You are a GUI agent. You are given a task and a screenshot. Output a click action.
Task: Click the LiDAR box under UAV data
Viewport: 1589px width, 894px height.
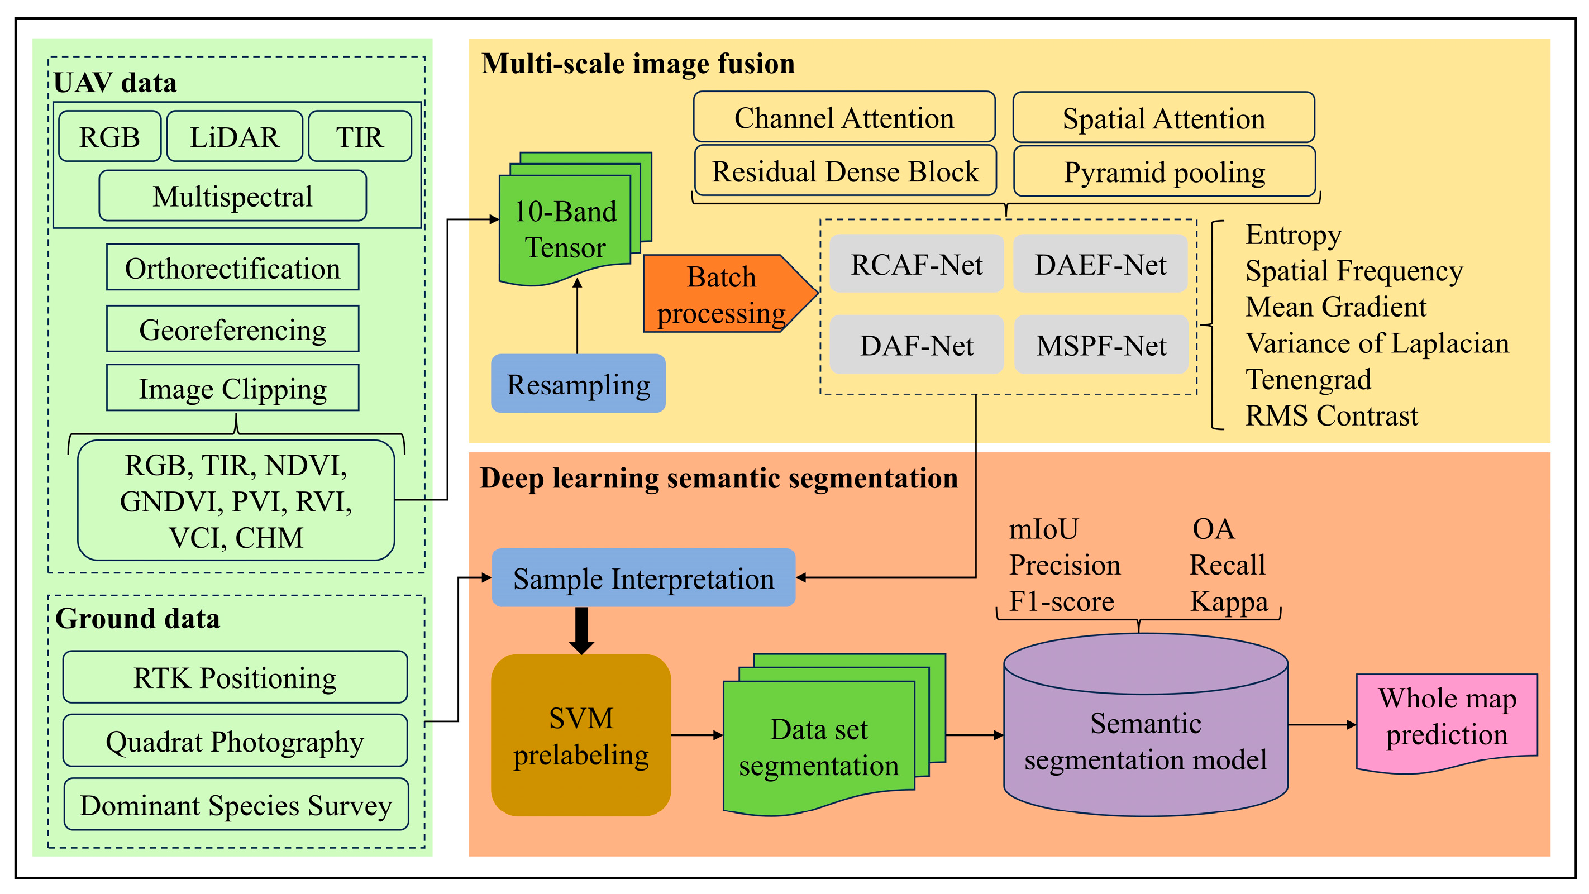(235, 136)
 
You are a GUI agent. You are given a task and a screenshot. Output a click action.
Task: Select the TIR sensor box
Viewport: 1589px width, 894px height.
(360, 136)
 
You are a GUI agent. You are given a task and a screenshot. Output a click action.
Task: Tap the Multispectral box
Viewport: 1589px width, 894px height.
(232, 196)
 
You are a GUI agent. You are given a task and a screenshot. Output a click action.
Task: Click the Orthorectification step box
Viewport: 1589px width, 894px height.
(232, 267)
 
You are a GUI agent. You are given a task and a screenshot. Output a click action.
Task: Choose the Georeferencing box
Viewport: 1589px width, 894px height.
(232, 329)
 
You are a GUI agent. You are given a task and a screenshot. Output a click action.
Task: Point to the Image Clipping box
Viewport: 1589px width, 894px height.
(232, 388)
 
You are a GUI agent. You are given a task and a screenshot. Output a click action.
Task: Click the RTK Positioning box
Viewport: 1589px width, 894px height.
(235, 677)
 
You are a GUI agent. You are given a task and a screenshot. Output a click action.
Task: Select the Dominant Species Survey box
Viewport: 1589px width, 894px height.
(236, 805)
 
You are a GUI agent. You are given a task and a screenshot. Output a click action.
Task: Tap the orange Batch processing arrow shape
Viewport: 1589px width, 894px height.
(731, 294)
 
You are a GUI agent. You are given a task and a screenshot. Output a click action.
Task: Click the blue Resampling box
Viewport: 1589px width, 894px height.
(578, 384)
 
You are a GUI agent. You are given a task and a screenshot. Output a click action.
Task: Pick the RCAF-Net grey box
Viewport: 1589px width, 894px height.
(917, 264)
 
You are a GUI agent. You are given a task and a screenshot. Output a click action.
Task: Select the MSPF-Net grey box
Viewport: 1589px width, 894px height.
(1101, 345)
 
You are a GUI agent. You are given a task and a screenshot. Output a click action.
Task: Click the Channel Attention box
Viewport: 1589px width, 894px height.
(844, 117)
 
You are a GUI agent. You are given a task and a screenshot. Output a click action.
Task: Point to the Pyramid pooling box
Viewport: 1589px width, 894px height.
(1165, 171)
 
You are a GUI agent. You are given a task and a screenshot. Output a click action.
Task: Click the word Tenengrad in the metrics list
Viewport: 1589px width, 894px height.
(1308, 380)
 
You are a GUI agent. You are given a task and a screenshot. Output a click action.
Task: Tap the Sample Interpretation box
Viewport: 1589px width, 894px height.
(643, 578)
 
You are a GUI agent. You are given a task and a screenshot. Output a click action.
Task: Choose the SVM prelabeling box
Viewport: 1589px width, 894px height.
(581, 735)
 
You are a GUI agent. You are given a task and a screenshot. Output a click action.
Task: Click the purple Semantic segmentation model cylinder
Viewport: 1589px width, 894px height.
(1146, 725)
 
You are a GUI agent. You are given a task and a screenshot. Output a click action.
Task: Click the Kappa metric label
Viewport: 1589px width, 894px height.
(1229, 602)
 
